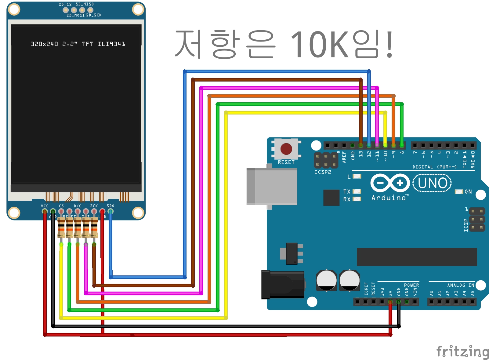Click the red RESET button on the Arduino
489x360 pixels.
[286, 149]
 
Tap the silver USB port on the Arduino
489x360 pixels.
[272, 186]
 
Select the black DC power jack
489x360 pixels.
[283, 285]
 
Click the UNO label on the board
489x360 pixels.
[432, 183]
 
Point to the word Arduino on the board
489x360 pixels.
[389, 198]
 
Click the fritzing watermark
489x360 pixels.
[462, 351]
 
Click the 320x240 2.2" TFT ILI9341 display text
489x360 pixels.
[78, 44]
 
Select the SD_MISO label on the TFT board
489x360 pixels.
[85, 4]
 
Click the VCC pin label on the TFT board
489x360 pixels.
[45, 206]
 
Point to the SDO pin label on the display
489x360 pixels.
[110, 206]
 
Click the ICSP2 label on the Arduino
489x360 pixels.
[323, 172]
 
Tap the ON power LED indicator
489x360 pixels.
[459, 192]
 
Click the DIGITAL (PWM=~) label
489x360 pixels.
[434, 167]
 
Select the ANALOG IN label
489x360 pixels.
[461, 285]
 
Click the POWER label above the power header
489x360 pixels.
[411, 285]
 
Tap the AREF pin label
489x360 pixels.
[344, 157]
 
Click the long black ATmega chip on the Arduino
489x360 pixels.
[417, 257]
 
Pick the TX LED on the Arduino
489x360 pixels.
[357, 191]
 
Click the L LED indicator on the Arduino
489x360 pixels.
[357, 176]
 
